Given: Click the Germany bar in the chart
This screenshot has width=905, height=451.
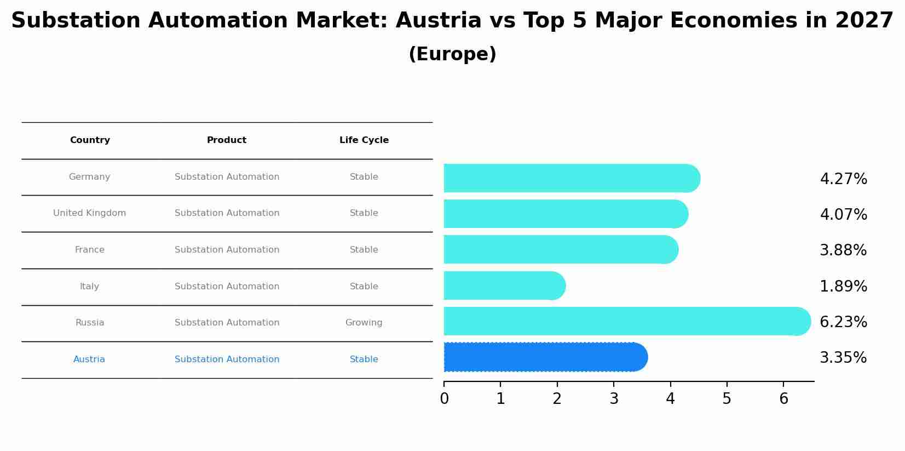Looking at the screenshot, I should (569, 178).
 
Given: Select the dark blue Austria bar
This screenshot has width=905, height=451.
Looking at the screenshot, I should (545, 357).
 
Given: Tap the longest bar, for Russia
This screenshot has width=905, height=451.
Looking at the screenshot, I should (624, 321).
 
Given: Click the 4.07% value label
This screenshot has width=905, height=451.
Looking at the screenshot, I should (843, 214).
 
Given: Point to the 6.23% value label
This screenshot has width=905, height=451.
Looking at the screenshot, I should (843, 322).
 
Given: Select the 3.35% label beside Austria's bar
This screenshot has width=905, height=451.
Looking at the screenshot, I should (843, 358).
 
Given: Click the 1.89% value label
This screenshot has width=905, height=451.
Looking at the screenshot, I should (843, 286).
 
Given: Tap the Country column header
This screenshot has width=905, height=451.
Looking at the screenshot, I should (90, 140).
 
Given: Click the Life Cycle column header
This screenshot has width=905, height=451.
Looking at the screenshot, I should (364, 140).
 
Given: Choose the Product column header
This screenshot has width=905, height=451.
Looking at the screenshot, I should (227, 140).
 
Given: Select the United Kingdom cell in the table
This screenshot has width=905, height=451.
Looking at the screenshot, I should (90, 213).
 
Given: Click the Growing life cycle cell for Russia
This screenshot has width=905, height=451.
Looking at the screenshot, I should (364, 323).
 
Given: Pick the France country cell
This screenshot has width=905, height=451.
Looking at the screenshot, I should (90, 250).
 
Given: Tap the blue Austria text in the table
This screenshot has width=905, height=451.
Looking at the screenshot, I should (89, 359).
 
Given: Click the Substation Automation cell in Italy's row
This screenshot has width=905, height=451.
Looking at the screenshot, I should (227, 287).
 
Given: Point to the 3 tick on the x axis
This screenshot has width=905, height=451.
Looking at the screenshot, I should (614, 399).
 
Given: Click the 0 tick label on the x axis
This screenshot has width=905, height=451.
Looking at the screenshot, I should (444, 399).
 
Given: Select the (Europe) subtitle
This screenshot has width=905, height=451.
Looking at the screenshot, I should (452, 54).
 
